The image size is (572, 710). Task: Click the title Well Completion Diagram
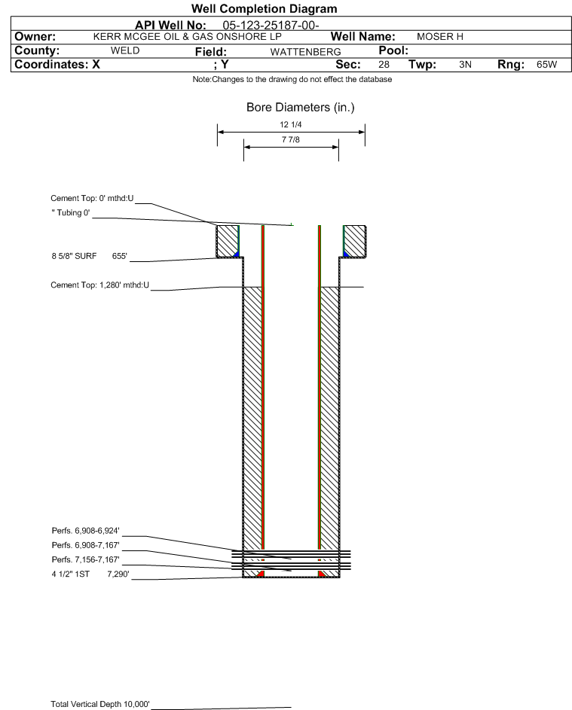tap(264, 9)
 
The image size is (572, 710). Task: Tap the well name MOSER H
tap(435, 36)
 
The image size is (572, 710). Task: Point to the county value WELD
tap(125, 50)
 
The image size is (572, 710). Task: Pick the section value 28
tap(384, 65)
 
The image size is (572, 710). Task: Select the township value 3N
tap(465, 65)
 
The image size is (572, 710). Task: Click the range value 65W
tap(546, 65)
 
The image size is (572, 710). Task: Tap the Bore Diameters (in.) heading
tap(300, 108)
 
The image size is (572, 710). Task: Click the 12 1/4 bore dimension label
tap(291, 124)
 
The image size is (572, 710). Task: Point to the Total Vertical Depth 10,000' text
tap(100, 704)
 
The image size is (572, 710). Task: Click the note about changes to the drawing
tap(292, 80)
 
